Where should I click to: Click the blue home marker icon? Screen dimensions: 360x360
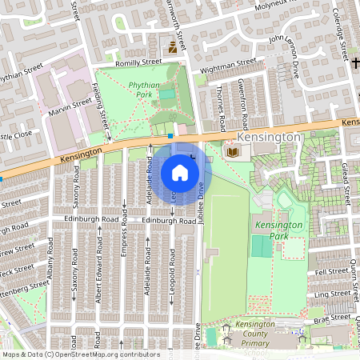[x=180, y=172]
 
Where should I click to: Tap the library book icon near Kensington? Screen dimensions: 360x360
[x=233, y=151]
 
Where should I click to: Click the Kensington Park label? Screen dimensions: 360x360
[x=278, y=230]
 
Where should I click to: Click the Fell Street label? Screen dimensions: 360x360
[x=332, y=272]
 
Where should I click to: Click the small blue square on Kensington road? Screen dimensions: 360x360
[x=170, y=137]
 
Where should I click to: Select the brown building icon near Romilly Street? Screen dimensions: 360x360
[x=172, y=50]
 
